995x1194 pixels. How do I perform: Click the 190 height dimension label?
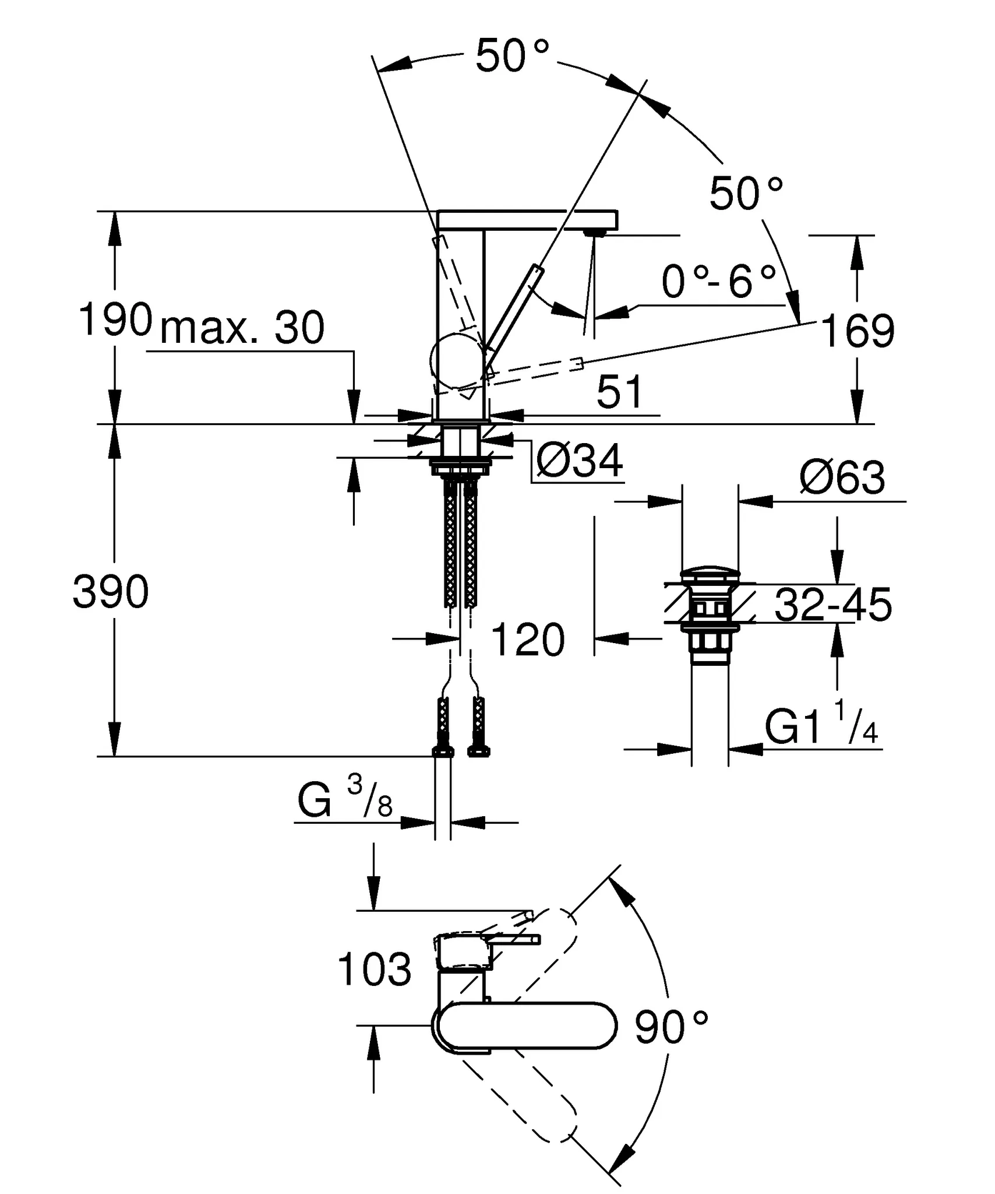click(115, 319)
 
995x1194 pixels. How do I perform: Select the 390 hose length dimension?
click(111, 592)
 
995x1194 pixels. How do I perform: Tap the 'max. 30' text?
click(242, 328)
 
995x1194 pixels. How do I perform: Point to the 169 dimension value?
click(857, 331)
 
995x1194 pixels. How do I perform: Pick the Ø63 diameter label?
click(842, 477)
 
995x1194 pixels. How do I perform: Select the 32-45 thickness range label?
click(832, 605)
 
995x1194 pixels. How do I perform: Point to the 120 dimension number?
click(528, 640)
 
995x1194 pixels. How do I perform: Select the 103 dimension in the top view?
click(374, 970)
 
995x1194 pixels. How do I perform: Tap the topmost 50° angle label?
click(512, 56)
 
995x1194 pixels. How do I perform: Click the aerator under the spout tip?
click(595, 232)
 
